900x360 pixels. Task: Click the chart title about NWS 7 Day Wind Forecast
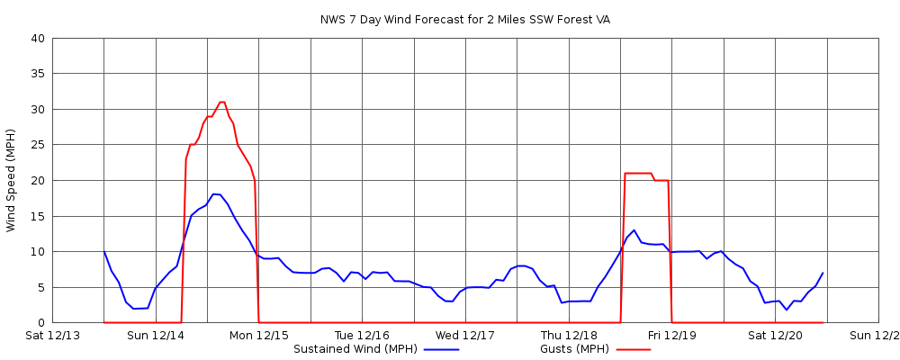pos(464,20)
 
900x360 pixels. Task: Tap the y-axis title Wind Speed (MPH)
pos(11,180)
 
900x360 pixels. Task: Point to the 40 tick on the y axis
pos(37,39)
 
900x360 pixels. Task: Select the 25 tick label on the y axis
pos(37,145)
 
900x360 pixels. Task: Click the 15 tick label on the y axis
pos(37,216)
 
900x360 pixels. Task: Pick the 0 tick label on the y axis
pos(40,322)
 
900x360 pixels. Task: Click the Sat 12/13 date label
pos(52,336)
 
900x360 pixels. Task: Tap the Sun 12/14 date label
pos(156,336)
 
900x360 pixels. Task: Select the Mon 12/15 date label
pos(259,336)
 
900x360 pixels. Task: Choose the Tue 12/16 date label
pos(362,336)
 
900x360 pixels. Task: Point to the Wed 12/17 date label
pos(465,336)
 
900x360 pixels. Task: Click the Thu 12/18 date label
pos(569,336)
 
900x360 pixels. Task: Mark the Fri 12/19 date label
pos(671,336)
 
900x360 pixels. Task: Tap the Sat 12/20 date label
pos(775,336)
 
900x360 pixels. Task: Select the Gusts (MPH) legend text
pos(574,349)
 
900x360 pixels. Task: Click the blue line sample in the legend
pos(441,349)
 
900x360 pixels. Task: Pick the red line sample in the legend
pos(633,349)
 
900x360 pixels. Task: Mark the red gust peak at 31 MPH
pos(221,103)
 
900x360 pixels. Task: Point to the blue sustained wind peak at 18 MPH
pos(216,194)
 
